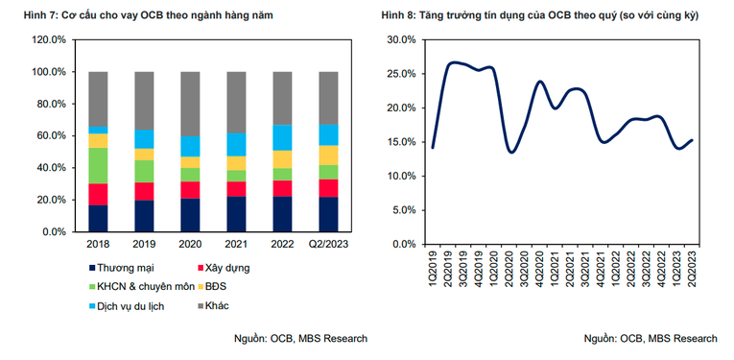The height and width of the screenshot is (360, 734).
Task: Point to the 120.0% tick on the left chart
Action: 47,40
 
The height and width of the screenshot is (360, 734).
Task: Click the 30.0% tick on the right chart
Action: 399,40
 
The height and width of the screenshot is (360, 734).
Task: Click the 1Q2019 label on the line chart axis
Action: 432,265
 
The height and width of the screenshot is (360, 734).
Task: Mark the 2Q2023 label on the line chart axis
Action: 691,265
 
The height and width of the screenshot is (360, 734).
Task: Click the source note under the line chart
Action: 651,338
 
